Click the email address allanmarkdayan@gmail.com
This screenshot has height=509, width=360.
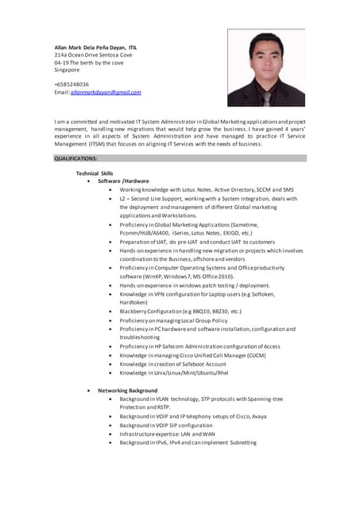tap(106, 92)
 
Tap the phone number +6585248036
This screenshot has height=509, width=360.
tap(72, 84)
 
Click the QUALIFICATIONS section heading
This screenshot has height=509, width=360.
tap(76, 159)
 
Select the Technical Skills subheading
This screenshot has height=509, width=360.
tap(95, 173)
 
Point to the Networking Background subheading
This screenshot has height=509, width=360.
tap(127, 390)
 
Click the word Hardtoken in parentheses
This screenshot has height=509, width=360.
tap(136, 302)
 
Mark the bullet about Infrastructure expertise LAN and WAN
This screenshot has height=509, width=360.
tap(167, 434)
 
